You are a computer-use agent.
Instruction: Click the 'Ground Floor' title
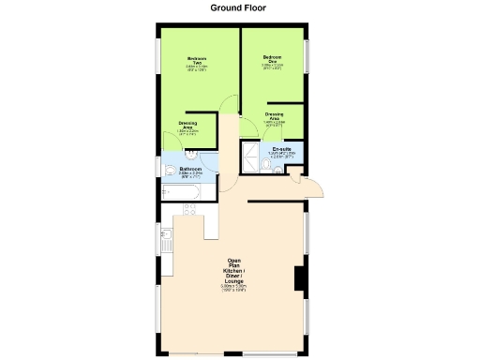(238, 7)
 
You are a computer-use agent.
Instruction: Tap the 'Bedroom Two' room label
(196, 61)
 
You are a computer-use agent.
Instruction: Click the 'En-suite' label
(281, 149)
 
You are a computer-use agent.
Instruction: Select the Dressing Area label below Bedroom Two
(187, 126)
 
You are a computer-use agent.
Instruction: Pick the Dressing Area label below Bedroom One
(274, 117)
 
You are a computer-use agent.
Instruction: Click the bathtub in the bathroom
(180, 193)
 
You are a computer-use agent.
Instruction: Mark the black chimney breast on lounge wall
(299, 279)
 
